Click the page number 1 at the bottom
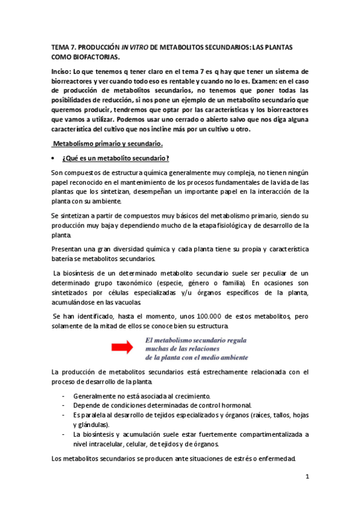tap(307, 478)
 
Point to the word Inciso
tap(61, 72)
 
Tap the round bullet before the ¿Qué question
tap(55, 158)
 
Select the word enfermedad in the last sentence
tap(275, 459)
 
